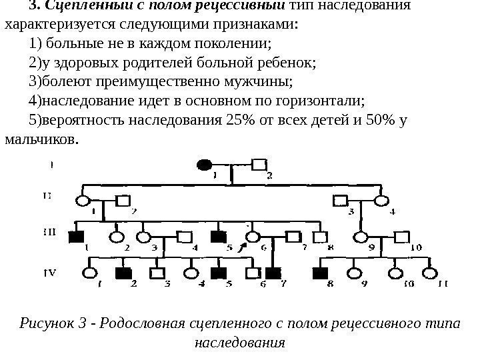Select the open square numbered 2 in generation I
[259, 164]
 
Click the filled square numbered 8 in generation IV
[320, 273]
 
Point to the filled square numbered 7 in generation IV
[271, 273]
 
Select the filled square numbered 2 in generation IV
[122, 273]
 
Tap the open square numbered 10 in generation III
[402, 235]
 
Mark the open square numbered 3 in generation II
[342, 199]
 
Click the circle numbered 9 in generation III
[361, 235]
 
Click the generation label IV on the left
[49, 273]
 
